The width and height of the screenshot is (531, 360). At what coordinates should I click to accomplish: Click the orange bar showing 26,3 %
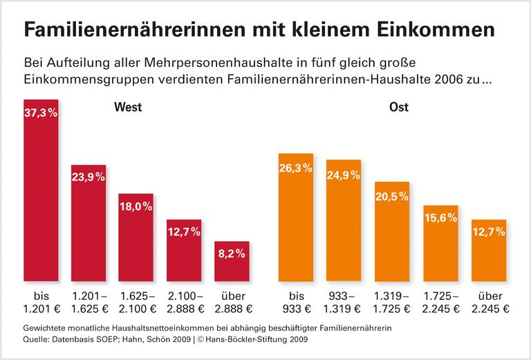tap(295, 217)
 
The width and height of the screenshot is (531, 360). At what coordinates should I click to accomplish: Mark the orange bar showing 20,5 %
tap(392, 231)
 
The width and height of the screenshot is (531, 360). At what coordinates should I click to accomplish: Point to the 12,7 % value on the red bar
tap(183, 233)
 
